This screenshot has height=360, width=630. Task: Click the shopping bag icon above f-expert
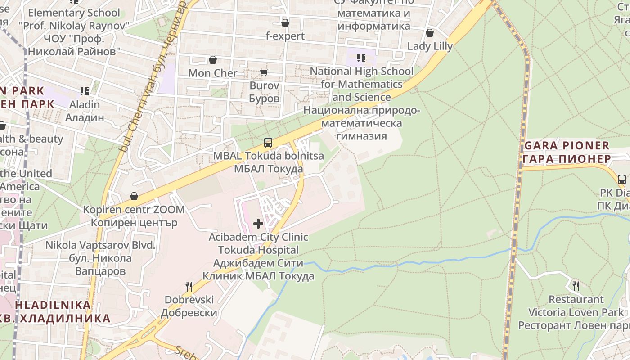285,23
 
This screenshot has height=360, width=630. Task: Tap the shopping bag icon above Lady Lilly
430,33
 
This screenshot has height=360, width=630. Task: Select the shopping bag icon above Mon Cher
213,60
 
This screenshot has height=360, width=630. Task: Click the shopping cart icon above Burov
264,72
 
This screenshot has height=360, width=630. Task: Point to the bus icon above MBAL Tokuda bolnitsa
268,143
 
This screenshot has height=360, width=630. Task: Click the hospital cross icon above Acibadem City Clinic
258,223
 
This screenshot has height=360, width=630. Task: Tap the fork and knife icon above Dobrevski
189,286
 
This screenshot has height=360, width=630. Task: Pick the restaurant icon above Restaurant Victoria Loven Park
576,285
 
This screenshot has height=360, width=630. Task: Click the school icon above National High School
361,58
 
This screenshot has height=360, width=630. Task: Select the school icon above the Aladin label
84,91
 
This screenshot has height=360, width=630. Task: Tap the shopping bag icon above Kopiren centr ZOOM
134,196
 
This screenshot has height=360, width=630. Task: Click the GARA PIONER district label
567,146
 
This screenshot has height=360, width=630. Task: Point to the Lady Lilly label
430,46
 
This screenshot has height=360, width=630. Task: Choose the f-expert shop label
285,36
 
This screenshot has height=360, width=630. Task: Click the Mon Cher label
212,73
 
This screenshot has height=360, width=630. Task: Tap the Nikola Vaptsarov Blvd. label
100,245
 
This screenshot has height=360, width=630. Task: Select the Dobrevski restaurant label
189,300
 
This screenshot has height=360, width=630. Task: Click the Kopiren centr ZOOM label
134,210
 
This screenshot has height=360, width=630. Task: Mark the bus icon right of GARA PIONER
622,179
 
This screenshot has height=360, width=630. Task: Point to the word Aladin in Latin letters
85,104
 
